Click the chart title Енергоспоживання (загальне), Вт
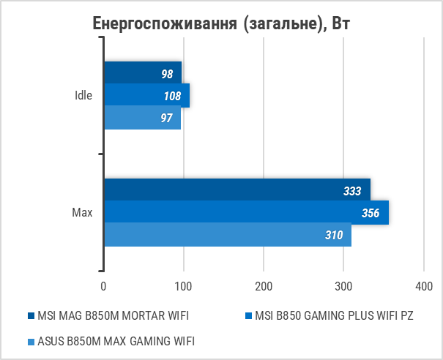222,23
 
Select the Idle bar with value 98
143,73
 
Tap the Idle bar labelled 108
146,95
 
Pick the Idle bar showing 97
142,118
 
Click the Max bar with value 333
237,190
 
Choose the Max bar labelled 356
246,213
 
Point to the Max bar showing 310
227,235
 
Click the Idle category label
83,96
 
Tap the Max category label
82,213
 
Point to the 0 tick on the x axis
104,285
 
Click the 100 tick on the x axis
184,285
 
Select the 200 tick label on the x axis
264,285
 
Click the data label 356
371,213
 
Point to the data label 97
166,118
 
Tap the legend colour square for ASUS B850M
31,340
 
